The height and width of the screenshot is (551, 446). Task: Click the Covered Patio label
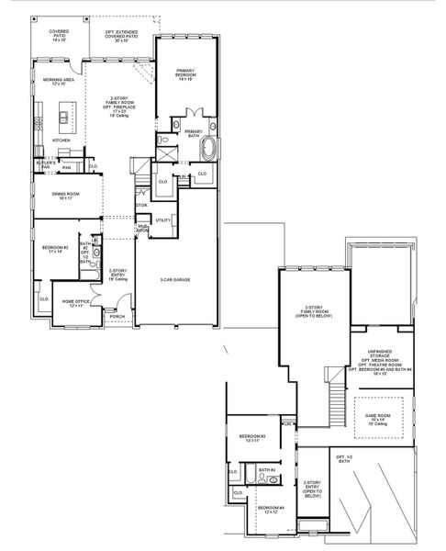(59, 36)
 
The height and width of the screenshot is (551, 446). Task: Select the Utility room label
(163, 220)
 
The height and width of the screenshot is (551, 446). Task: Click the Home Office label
(74, 302)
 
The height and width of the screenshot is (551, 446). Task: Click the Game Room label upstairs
(377, 418)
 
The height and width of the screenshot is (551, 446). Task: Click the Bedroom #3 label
(252, 438)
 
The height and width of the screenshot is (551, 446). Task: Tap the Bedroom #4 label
(270, 510)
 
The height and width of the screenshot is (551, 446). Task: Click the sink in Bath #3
(273, 479)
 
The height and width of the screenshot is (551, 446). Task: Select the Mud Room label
(143, 228)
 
